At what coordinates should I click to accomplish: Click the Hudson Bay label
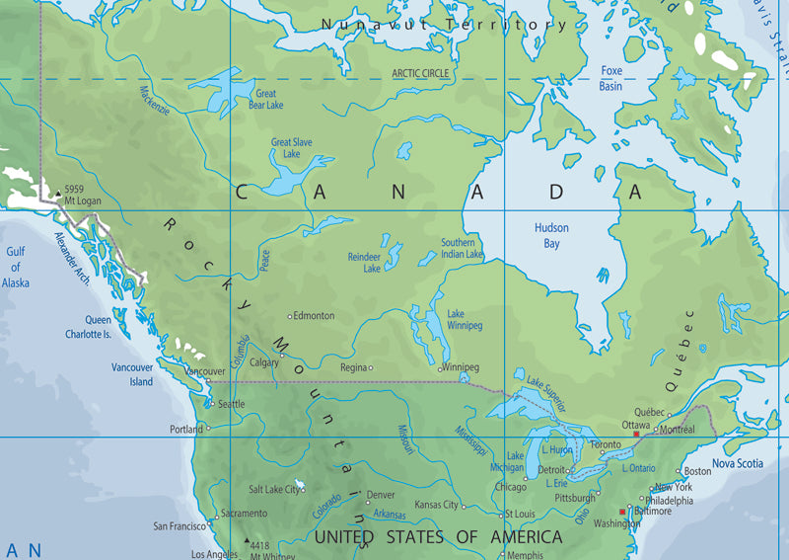(551, 234)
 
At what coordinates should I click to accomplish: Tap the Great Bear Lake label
(268, 99)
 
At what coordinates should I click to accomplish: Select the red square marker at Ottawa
(636, 435)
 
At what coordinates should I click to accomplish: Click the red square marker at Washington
(621, 512)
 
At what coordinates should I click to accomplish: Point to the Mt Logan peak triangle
(57, 190)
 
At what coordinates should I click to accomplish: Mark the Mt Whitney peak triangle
(247, 541)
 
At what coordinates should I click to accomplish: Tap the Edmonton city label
(314, 316)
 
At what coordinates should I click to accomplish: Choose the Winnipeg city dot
(441, 368)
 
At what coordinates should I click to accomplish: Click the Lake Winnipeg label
(465, 320)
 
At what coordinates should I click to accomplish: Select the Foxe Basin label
(610, 78)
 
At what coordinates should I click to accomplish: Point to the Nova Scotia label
(738, 463)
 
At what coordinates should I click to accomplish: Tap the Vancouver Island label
(132, 374)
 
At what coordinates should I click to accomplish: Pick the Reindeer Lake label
(364, 263)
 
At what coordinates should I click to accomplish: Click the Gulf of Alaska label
(16, 268)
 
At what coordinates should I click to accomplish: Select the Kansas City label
(436, 505)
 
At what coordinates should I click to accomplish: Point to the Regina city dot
(371, 367)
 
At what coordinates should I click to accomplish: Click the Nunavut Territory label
(444, 23)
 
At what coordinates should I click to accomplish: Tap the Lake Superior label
(547, 388)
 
